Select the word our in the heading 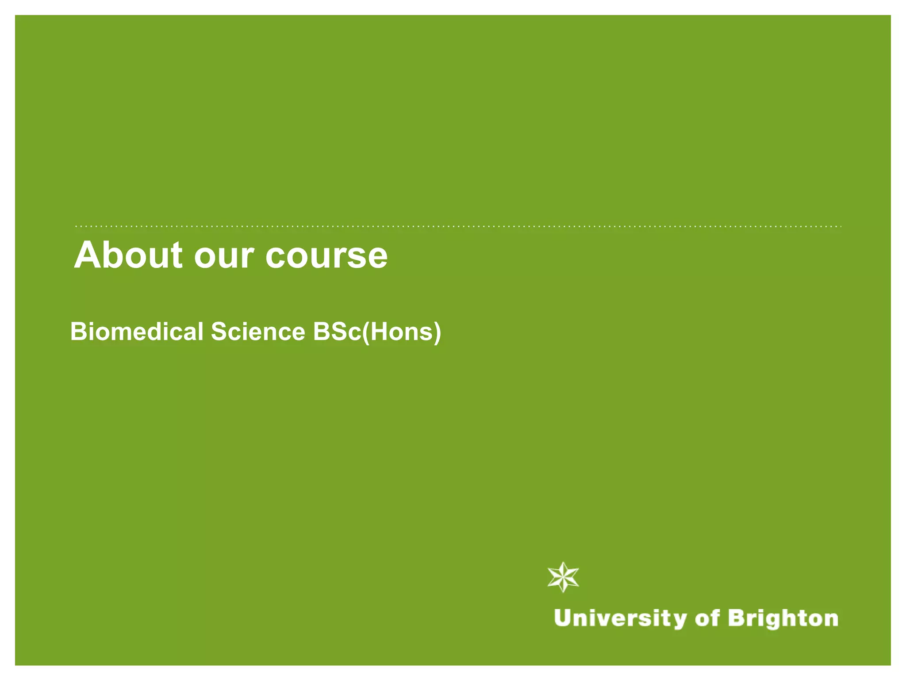pos(224,256)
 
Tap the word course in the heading pos(326,256)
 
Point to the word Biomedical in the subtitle pos(136,332)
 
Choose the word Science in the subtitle pos(258,332)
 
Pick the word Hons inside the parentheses pos(401,332)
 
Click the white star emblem pos(563,577)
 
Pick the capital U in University pos(563,618)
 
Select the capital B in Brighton pos(736,618)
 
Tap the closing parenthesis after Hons pos(438,332)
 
